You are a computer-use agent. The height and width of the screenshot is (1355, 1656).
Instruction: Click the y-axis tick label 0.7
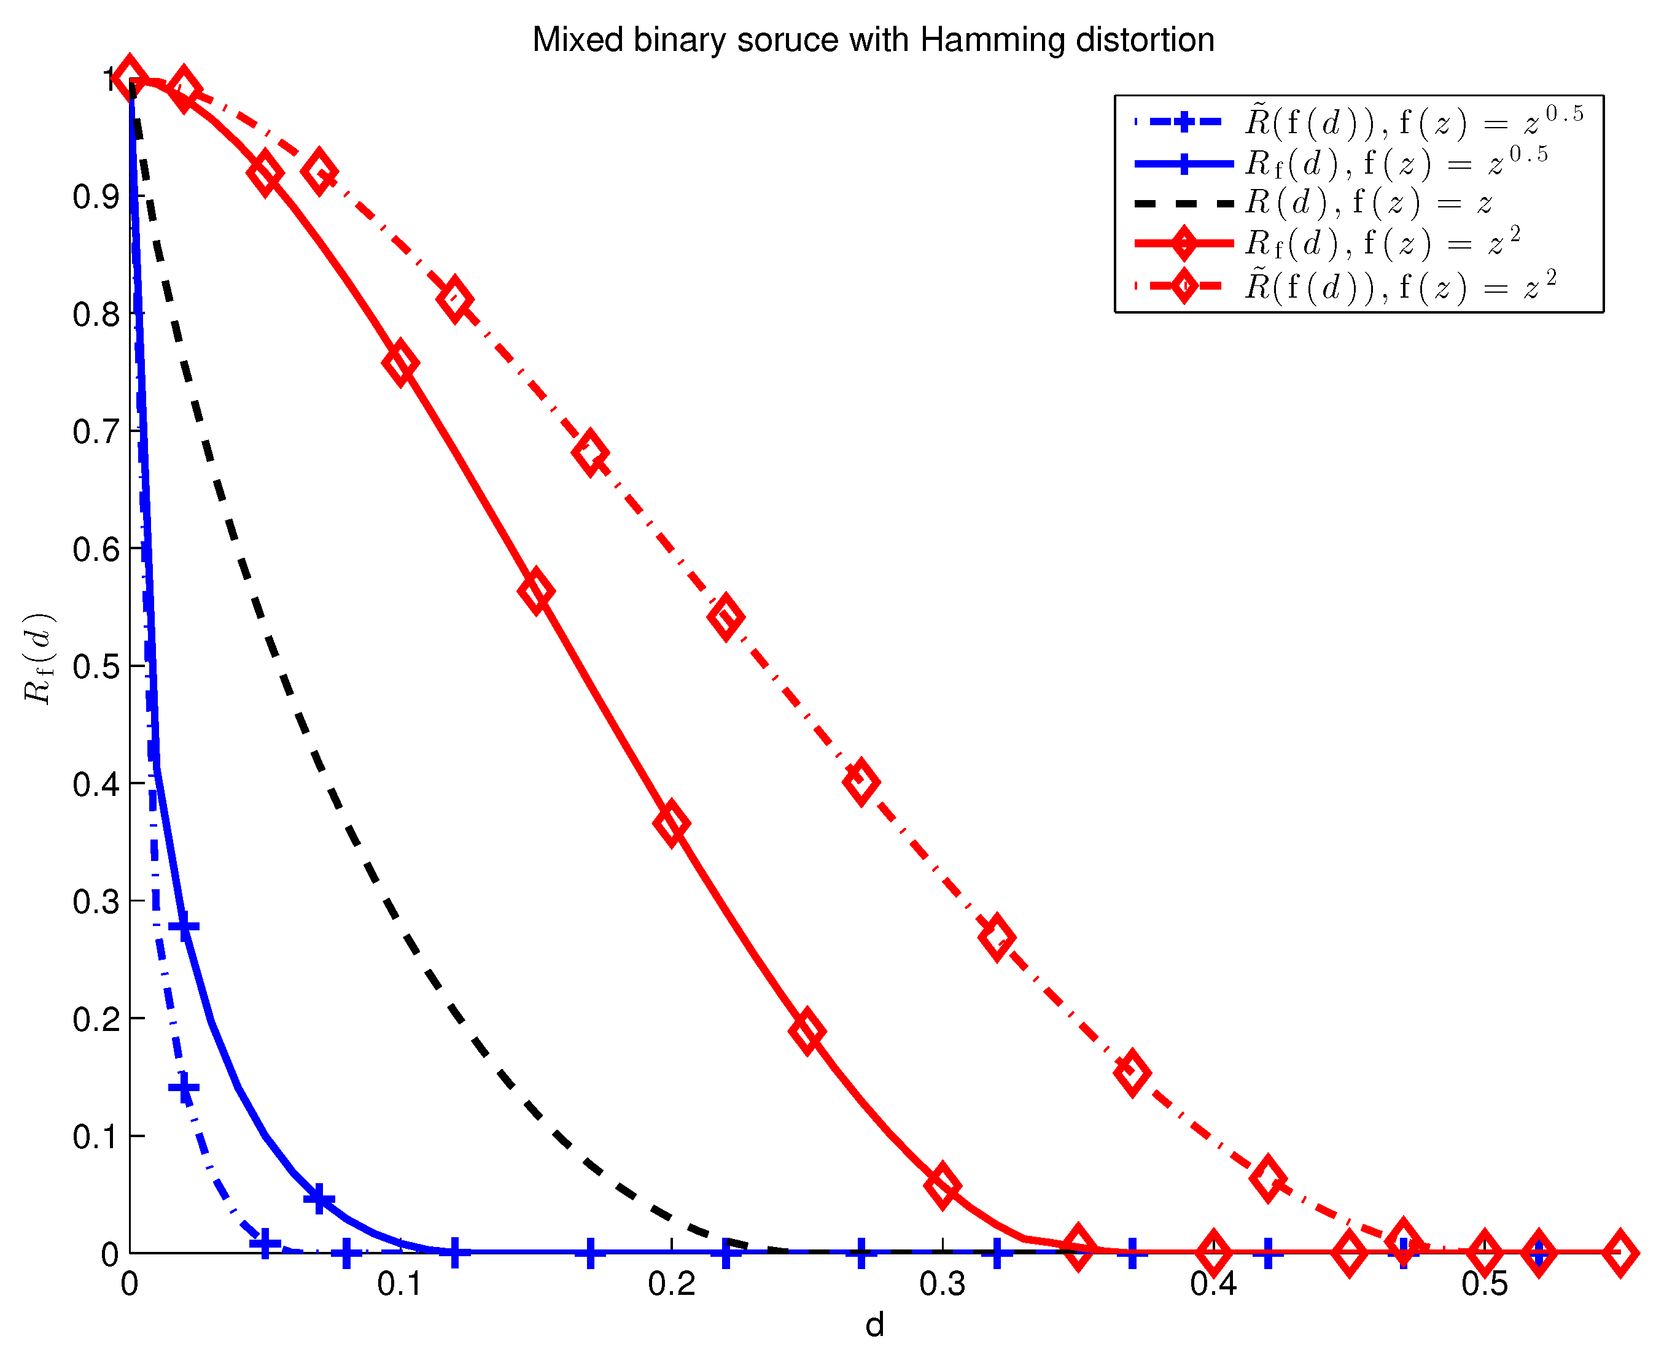(96, 431)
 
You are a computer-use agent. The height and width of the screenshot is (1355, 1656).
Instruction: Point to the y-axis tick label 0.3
(96, 901)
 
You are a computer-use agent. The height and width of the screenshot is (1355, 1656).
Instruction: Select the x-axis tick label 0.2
(672, 1284)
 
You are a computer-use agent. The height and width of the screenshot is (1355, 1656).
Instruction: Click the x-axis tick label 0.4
(1213, 1284)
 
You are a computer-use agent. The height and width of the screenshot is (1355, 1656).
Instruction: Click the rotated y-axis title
(37, 658)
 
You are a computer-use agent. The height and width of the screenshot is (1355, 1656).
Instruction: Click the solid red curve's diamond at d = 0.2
(672, 823)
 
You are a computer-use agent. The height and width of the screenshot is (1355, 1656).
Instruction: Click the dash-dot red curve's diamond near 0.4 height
(860, 781)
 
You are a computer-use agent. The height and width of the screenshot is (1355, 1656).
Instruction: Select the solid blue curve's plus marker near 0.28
(184, 927)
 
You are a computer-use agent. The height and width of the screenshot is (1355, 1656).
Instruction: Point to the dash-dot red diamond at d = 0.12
(454, 299)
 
